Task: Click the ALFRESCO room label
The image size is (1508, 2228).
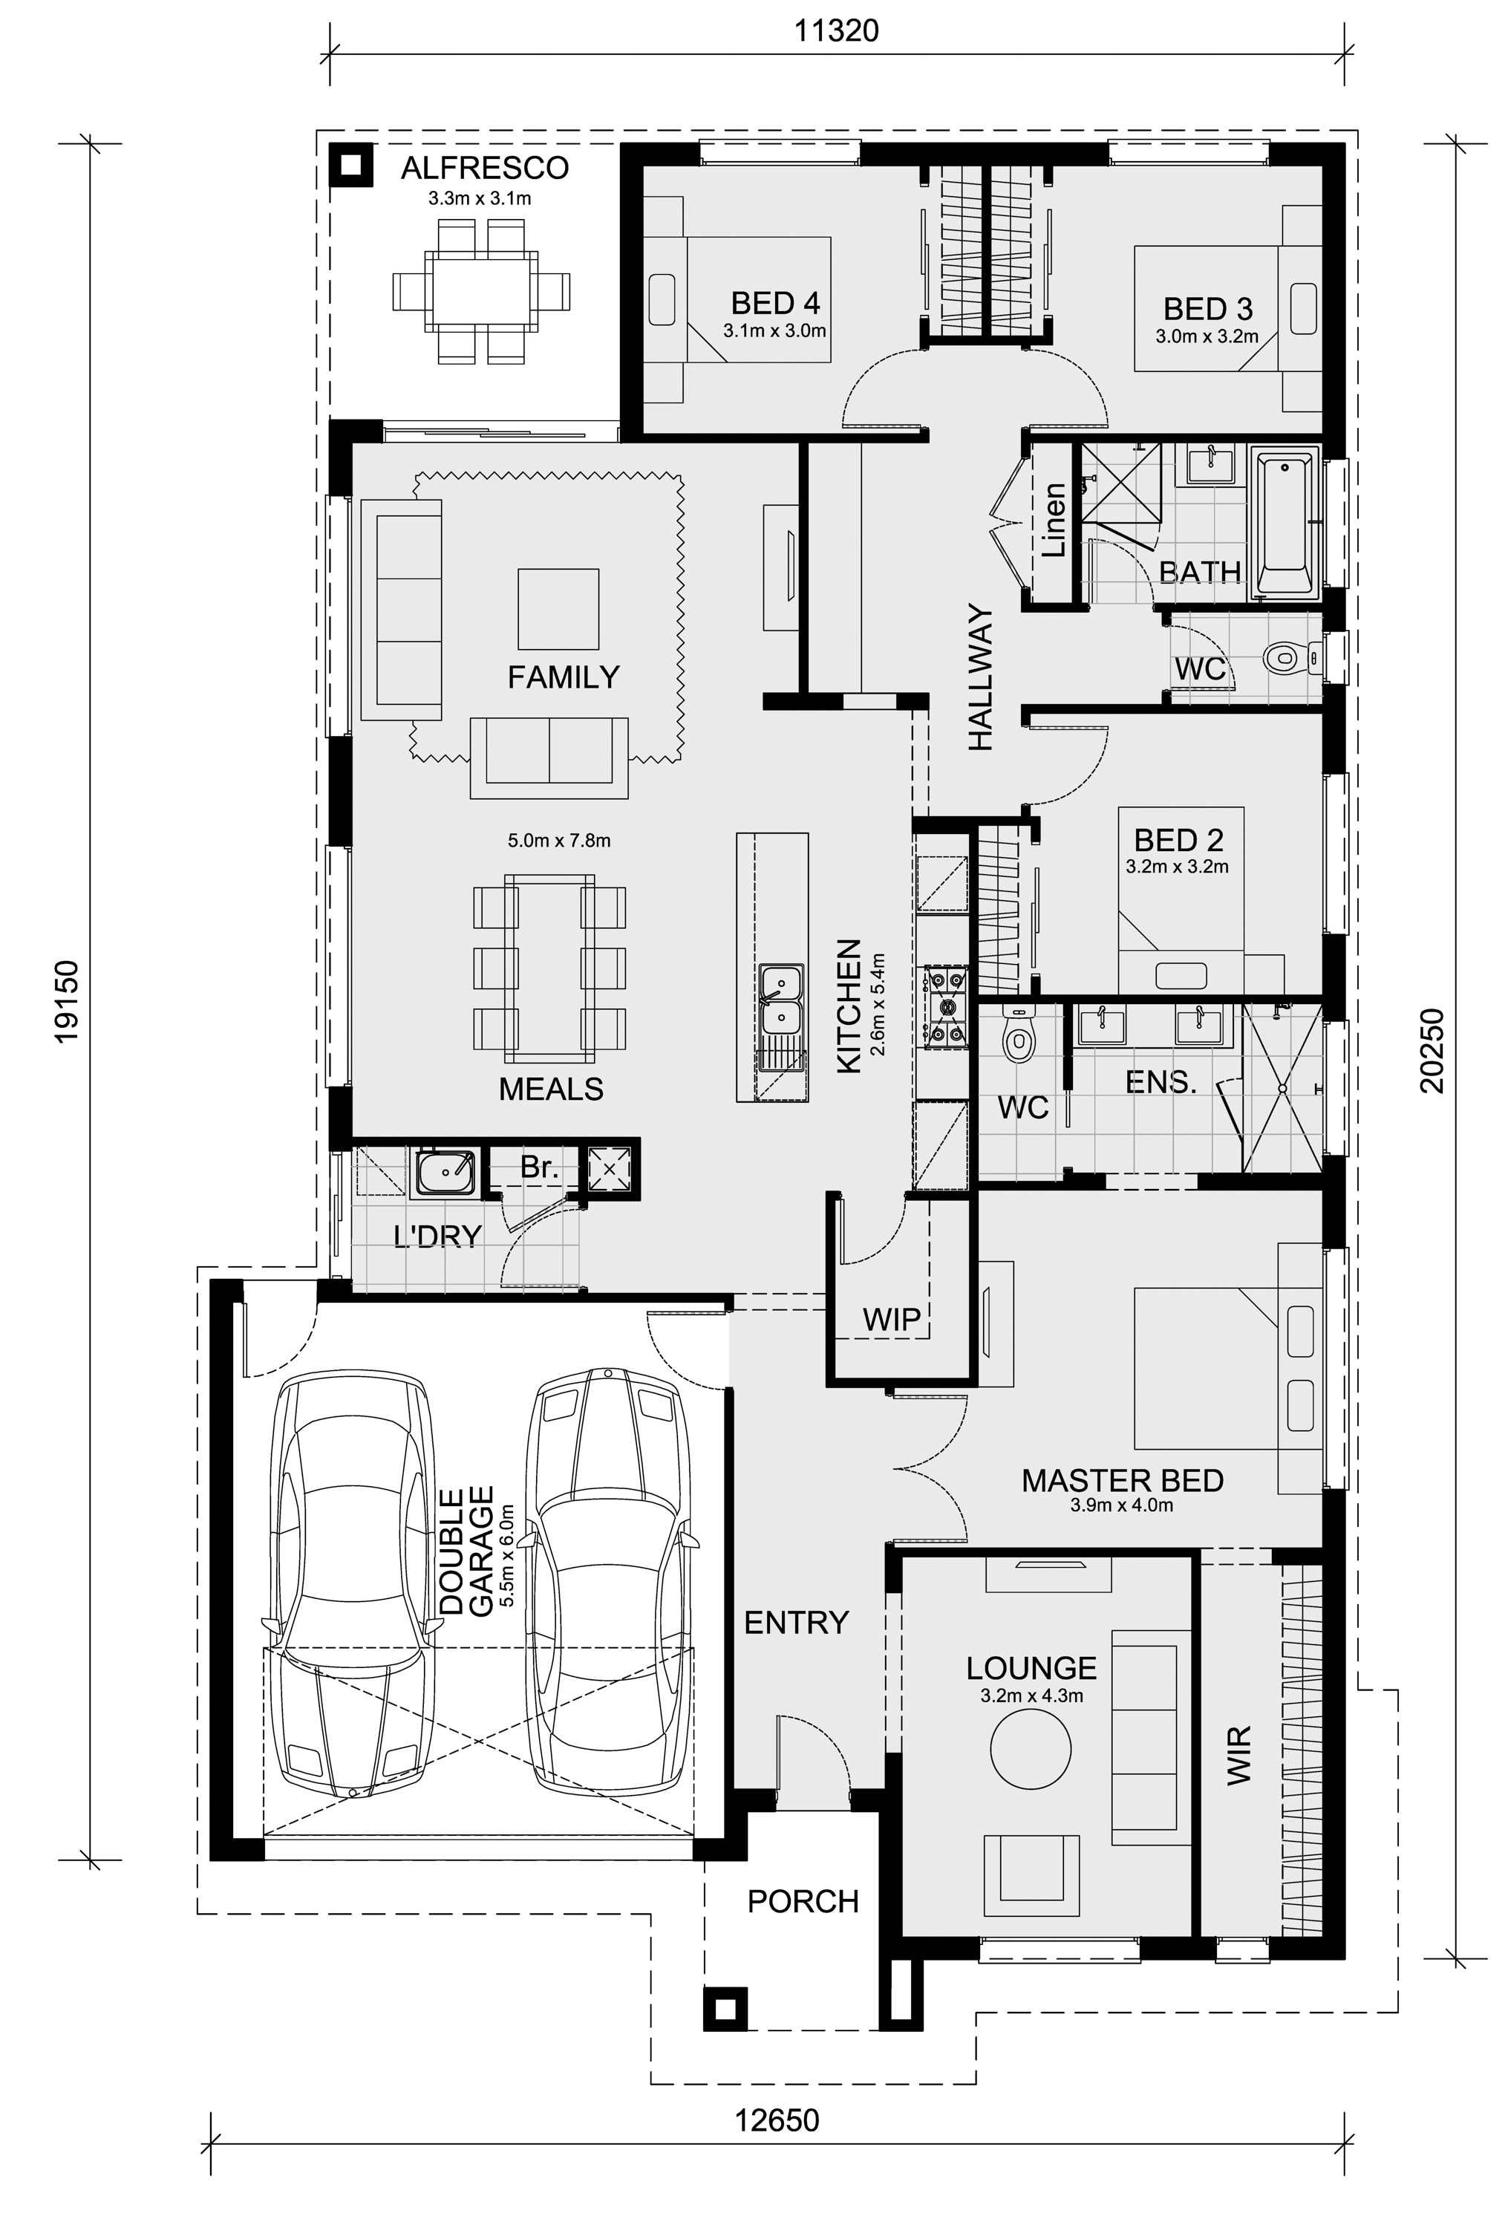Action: coord(484,169)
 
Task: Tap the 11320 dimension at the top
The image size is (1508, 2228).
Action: coord(836,30)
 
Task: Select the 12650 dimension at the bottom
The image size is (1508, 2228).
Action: coord(777,2120)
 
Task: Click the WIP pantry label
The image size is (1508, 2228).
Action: coord(890,1318)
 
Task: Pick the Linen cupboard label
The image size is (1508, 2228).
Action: coord(1053,521)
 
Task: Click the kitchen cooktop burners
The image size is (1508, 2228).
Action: coord(945,1006)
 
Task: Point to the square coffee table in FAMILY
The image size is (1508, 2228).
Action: coord(558,609)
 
